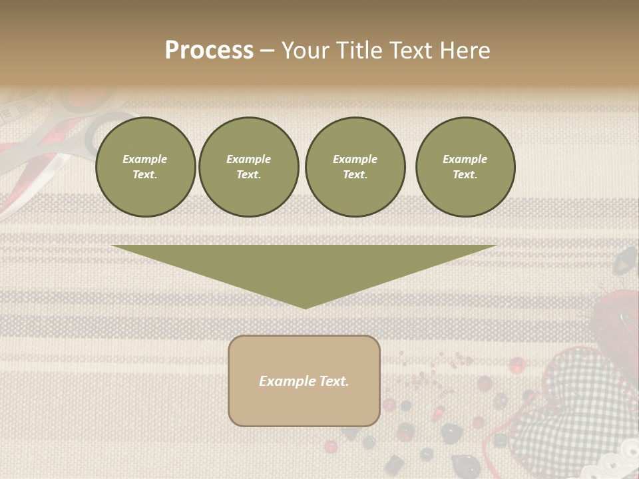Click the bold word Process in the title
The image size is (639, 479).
click(x=209, y=51)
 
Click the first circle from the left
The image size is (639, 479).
click(x=145, y=167)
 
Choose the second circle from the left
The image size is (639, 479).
click(x=249, y=167)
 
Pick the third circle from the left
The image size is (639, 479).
click(x=355, y=167)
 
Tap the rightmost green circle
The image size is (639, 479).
click(x=465, y=167)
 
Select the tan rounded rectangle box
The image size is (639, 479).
click(x=304, y=381)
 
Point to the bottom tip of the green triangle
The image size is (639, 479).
click(x=305, y=307)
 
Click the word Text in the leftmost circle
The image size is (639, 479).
click(x=145, y=175)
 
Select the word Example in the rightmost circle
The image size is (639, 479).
click(x=465, y=159)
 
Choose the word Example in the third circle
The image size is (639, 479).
click(x=355, y=159)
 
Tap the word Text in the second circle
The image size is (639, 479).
click(x=249, y=175)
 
